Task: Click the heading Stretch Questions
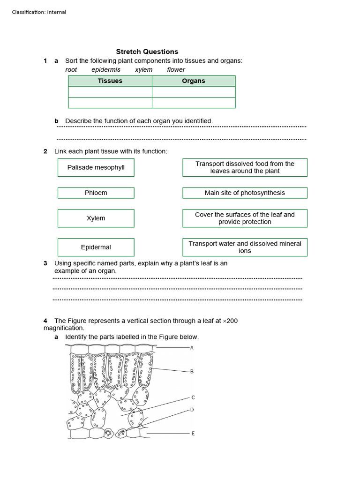pos(147,52)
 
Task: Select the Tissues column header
pos(110,81)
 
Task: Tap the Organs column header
pos(194,81)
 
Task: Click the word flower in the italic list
pos(176,70)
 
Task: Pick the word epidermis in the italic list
pos(106,70)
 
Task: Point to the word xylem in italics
pos(143,70)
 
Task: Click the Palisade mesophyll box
pos(96,167)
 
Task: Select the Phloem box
pos(96,193)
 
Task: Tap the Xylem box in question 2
pos(96,218)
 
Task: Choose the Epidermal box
pos(96,247)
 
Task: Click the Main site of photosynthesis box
pos(245,193)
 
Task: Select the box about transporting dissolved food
pos(245,167)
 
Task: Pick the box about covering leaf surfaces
pos(245,218)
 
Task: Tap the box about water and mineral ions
pos(245,247)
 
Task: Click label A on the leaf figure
pos(192,348)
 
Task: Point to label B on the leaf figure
pos(192,371)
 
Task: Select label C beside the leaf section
pos(193,397)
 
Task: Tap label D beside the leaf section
pos(192,410)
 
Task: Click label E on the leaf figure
pos(193,434)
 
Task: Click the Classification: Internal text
pos(39,12)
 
